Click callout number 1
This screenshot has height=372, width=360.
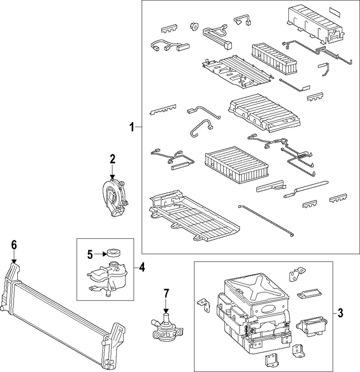coord(132,127)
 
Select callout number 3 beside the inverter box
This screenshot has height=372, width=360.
coord(340,313)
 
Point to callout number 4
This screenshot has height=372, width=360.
coord(141,267)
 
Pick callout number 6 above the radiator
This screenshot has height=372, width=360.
coord(14,245)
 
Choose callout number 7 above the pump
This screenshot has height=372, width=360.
coord(166,293)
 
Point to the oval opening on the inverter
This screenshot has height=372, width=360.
coord(269,310)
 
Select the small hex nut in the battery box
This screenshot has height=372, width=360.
coord(194,26)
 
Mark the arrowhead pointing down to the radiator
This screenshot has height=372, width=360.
coord(14,261)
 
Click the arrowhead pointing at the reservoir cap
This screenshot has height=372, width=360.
coord(105,254)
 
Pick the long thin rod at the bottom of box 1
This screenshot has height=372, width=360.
coord(266,221)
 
